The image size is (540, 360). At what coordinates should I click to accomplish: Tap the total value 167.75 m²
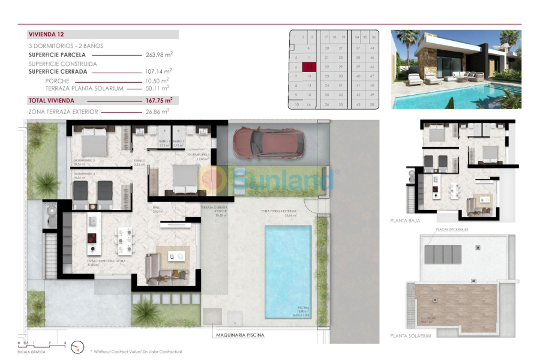pos(159,100)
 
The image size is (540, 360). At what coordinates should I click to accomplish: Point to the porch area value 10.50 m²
pos(157,80)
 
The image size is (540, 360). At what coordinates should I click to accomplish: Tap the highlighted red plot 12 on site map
pos(309,67)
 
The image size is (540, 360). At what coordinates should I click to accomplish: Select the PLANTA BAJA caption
pos(404,220)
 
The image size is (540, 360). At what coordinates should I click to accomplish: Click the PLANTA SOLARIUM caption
pos(410,336)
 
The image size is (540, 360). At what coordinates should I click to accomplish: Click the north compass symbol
pos(77,347)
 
